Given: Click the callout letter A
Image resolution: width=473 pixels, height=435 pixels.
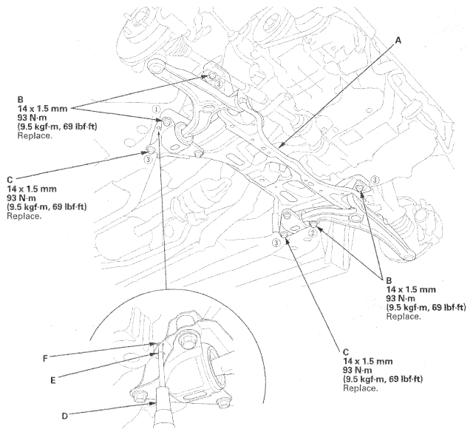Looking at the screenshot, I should tap(400, 43).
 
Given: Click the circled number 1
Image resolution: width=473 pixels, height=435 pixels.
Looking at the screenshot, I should tap(157, 109).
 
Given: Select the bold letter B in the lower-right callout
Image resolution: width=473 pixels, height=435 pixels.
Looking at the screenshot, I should tap(389, 280).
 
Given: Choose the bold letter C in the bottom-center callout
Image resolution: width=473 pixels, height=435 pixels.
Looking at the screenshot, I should tap(347, 351).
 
